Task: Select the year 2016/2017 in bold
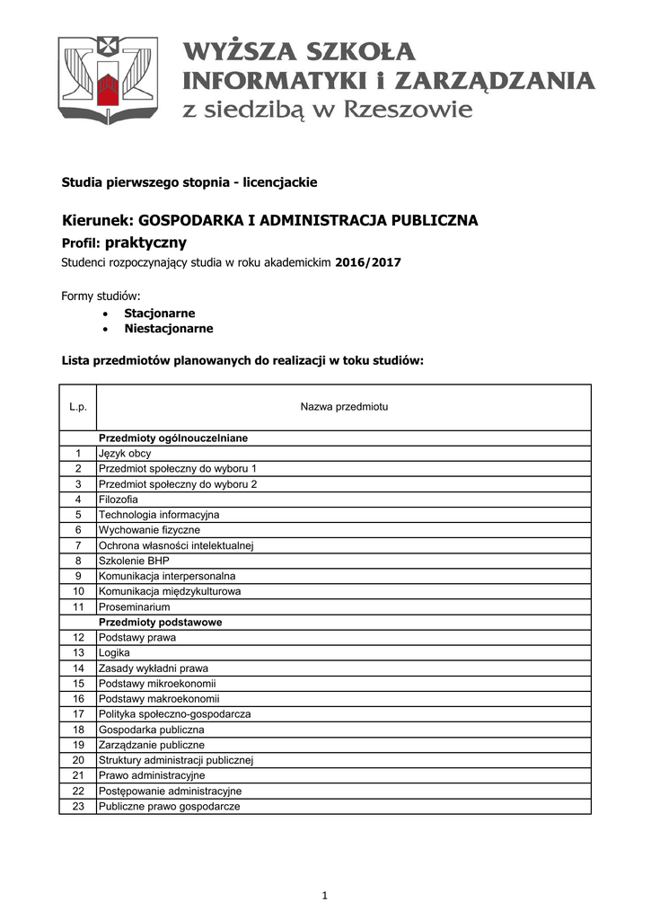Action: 367,263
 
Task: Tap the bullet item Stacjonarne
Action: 159,314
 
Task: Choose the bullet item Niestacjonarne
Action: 168,329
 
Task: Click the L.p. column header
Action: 77,408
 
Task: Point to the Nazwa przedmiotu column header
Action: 343,408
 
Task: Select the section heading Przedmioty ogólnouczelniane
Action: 172,438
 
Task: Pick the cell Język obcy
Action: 125,454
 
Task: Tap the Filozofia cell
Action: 119,500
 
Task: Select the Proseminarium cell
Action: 134,606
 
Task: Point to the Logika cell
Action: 114,652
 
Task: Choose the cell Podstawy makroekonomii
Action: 159,698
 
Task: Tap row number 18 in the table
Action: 78,730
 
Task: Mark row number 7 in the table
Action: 78,545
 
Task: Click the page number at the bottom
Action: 325,895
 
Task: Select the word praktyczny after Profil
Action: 146,243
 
